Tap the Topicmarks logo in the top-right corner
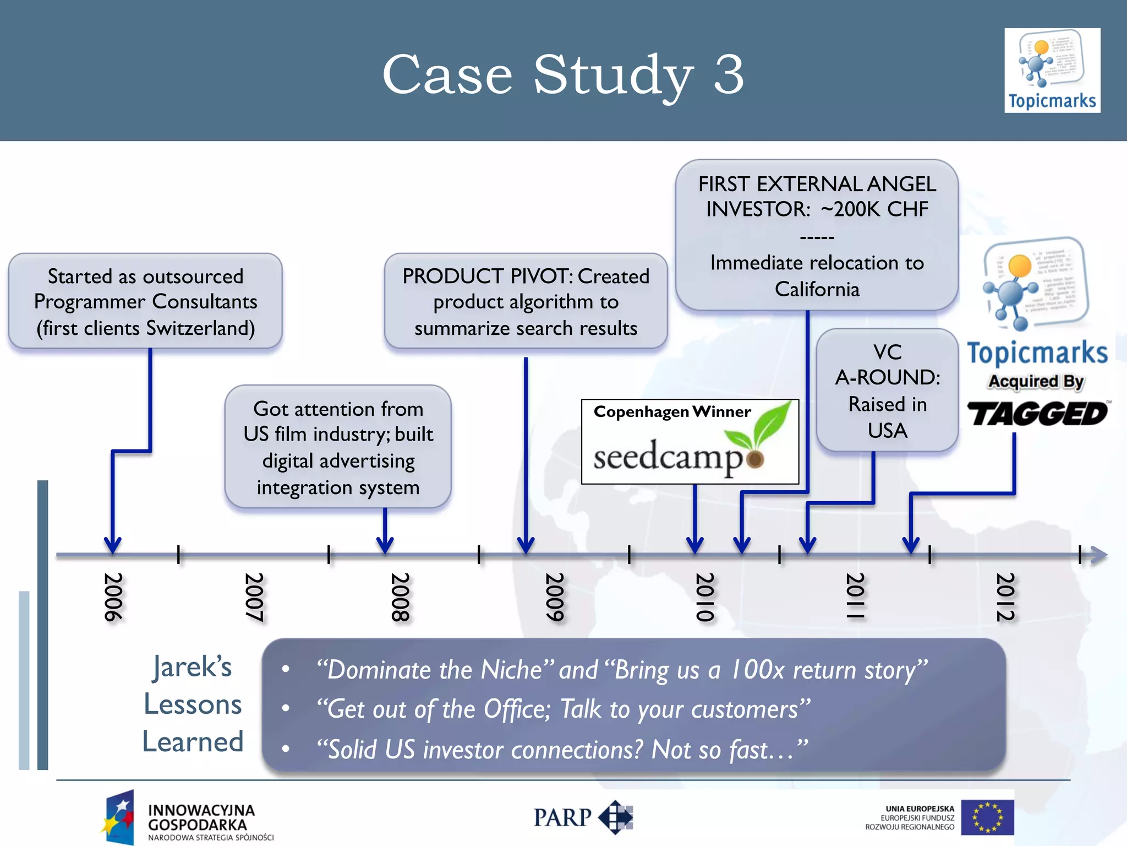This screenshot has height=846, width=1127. (x=1052, y=70)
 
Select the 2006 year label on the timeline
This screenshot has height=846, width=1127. (x=113, y=597)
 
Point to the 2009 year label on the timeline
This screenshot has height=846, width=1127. (x=554, y=597)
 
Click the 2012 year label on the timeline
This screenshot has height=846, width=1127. (x=1005, y=597)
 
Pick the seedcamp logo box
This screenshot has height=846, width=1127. (x=690, y=442)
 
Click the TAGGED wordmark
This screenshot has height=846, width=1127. (x=1037, y=414)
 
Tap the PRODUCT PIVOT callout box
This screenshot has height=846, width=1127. (x=526, y=301)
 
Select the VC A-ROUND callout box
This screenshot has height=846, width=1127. (x=887, y=391)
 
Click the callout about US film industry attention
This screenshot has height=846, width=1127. (x=338, y=447)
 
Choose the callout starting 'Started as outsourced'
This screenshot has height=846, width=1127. (x=145, y=301)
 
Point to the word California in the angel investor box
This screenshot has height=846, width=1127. (x=817, y=289)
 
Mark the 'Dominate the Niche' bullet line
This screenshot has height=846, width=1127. (x=622, y=670)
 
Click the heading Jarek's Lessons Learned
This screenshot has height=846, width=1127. (x=193, y=704)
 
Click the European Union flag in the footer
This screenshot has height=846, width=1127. (x=987, y=817)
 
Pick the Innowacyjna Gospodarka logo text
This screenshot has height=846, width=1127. (x=201, y=818)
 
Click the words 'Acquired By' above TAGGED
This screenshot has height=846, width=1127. (x=1036, y=381)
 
